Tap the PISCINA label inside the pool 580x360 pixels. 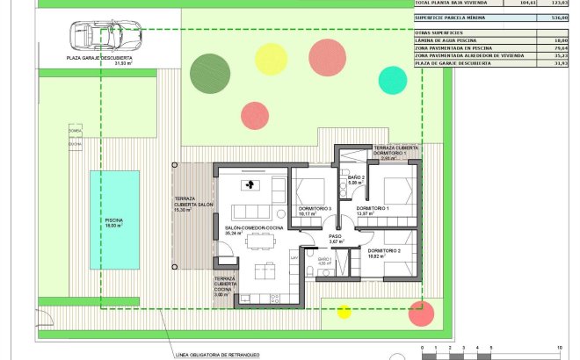[113, 222]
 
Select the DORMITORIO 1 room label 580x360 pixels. [373, 209]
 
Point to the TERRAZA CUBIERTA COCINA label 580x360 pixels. [225, 286]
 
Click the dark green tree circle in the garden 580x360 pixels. [209, 72]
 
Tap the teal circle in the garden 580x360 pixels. [393, 80]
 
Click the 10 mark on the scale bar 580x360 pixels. [558, 348]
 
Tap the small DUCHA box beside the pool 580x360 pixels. [74, 144]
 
